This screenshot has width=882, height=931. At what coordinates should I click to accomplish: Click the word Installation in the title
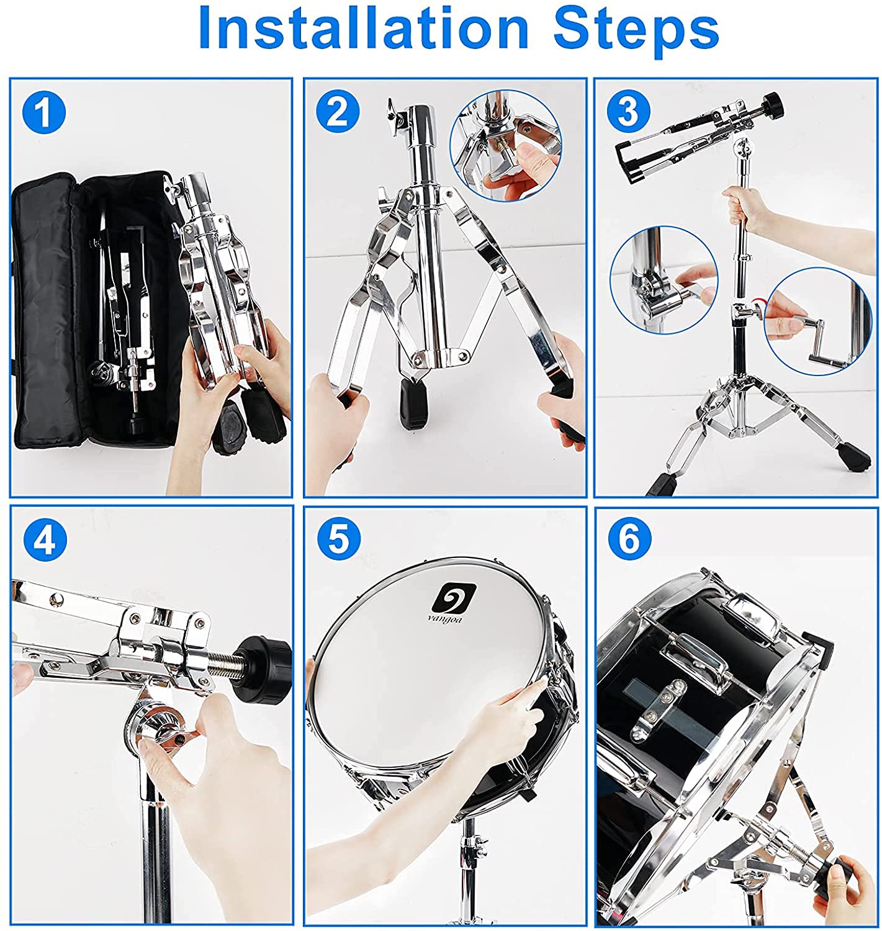[x=363, y=29]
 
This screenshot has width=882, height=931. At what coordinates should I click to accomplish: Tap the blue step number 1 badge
[x=44, y=113]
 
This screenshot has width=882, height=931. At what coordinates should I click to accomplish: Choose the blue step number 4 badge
[x=45, y=540]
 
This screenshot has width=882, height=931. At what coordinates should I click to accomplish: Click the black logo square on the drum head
[x=453, y=598]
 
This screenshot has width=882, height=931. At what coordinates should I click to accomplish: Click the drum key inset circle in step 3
[x=818, y=322]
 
